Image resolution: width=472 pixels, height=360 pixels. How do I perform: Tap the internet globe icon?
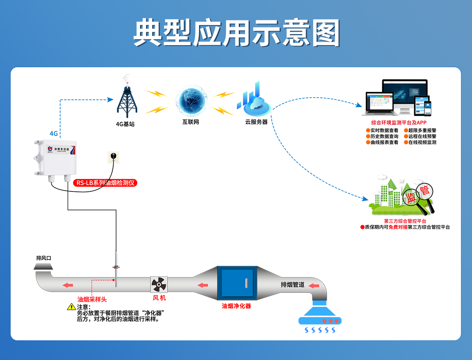point(190,101)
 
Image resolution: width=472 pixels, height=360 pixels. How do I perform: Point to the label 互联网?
point(190,122)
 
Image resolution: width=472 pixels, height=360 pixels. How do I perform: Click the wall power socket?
point(113,157)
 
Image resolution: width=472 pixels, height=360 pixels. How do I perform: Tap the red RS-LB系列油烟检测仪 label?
point(105,183)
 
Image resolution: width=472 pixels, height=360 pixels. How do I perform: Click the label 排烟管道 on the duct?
point(292,285)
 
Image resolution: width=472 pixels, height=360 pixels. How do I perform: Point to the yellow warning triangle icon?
point(71,307)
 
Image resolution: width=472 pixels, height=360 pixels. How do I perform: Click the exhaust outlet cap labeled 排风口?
point(43,267)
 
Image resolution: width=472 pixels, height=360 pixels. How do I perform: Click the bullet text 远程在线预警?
point(422,136)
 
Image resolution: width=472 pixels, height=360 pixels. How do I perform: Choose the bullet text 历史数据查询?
point(384,136)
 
